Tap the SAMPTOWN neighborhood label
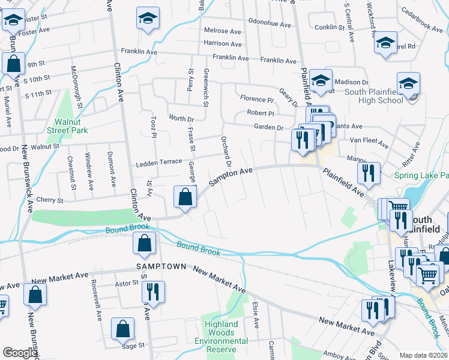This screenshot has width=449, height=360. click(158, 265)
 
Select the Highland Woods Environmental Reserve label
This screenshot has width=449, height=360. click(221, 332)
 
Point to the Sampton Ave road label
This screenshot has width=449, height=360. click(231, 175)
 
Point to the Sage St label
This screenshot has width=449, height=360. click(133, 345)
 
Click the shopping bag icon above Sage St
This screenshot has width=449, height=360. click(123, 329)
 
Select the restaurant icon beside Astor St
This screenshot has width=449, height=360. click(152, 292)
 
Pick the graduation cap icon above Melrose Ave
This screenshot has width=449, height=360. click(147, 18)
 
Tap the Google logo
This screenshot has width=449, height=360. click(19, 353)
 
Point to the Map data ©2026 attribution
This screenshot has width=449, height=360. click(423, 355)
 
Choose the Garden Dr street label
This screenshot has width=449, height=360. click(268, 127)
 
